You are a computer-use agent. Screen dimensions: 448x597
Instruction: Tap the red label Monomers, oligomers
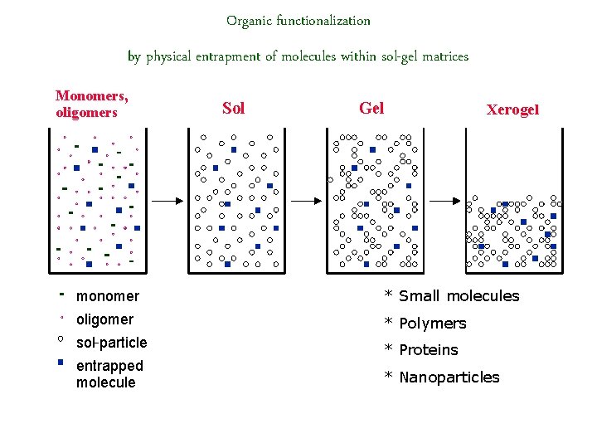(x=92, y=105)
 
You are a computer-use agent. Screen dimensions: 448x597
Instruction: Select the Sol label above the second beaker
(x=234, y=108)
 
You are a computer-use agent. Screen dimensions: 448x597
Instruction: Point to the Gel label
(x=371, y=108)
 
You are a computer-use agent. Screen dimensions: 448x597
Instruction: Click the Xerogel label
(x=512, y=110)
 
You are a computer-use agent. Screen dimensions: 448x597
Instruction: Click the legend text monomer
(x=108, y=296)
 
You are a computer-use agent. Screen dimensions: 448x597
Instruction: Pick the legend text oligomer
(x=104, y=319)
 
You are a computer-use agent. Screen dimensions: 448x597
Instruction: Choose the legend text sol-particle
(x=111, y=343)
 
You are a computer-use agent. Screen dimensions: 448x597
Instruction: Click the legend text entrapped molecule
(x=109, y=374)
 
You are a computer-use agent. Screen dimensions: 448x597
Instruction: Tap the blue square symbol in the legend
(x=61, y=363)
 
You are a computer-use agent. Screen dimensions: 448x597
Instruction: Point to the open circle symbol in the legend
(x=61, y=339)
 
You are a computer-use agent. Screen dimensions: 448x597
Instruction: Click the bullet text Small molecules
(x=459, y=296)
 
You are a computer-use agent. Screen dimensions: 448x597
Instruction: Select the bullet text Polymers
(x=432, y=324)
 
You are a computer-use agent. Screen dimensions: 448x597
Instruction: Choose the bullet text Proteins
(x=428, y=350)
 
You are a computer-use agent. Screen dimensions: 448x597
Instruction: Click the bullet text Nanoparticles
(x=449, y=377)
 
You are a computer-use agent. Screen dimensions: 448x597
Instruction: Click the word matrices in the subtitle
(x=445, y=57)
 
